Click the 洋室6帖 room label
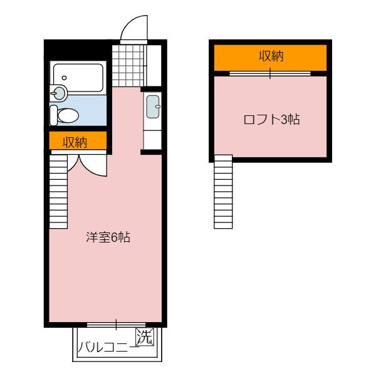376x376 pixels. point(108,238)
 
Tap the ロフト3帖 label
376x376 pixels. point(271,120)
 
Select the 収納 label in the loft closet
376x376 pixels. point(271,56)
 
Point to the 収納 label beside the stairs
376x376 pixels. point(75,142)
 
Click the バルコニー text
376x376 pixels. point(108,347)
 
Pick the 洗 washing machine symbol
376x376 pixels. point(145,337)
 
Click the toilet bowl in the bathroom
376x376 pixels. point(68,115)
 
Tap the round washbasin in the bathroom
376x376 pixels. point(59,92)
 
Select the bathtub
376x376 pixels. point(78,78)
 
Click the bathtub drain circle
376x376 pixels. point(64,78)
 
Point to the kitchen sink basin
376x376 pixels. point(153,107)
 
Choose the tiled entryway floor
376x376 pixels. point(129,66)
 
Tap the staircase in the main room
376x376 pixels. point(58,192)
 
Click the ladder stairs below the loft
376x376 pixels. point(223,192)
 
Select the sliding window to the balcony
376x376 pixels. point(116,325)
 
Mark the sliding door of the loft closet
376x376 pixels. point(270,73)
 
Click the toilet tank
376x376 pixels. point(54,115)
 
